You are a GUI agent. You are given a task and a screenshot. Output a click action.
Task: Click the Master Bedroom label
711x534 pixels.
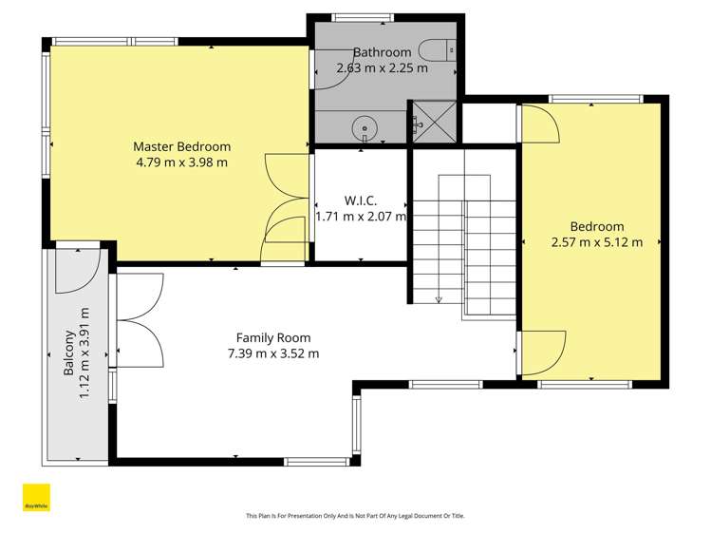point(181,146)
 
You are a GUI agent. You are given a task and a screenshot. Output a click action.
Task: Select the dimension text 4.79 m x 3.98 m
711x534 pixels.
point(181,162)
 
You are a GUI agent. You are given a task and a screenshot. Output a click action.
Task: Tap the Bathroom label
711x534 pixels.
point(382,52)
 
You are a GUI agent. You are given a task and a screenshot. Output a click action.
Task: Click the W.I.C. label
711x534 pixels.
point(361,200)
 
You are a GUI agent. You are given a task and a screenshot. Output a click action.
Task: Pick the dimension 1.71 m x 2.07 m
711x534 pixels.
point(361,216)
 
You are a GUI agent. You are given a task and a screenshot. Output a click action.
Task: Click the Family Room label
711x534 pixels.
point(273,337)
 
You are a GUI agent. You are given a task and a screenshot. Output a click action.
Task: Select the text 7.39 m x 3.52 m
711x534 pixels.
point(273,353)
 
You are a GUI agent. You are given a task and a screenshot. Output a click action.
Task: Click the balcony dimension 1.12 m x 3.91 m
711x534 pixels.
point(84,353)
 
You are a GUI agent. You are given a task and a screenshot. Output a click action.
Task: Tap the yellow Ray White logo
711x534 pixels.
point(36,497)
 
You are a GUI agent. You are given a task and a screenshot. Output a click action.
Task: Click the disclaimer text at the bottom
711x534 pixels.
point(355,516)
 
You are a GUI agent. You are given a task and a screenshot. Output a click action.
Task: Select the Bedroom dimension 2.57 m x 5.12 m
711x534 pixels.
point(597,241)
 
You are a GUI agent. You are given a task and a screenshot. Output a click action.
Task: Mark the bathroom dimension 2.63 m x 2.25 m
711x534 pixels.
point(382,67)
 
